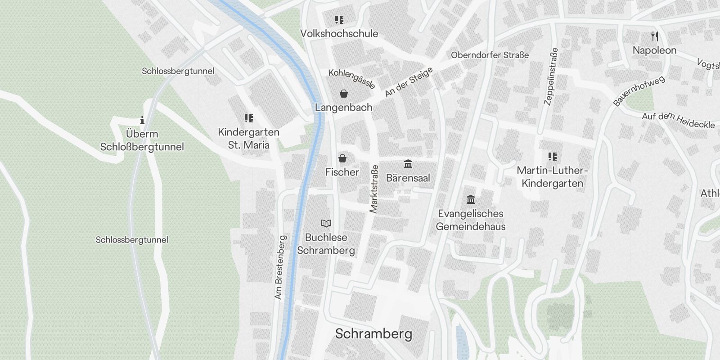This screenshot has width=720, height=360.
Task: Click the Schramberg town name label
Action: (x=373, y=334)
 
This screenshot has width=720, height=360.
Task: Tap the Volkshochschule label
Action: (x=339, y=33)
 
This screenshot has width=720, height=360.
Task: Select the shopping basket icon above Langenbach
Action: (x=344, y=94)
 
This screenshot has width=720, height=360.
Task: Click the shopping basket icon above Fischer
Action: (x=342, y=158)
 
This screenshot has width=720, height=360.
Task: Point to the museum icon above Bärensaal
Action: (x=408, y=164)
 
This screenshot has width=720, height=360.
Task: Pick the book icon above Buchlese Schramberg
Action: (x=326, y=223)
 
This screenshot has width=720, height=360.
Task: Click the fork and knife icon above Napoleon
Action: (x=655, y=36)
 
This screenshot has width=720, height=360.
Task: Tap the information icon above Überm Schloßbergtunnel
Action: (x=142, y=120)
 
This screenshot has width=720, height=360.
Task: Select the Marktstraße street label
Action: (x=374, y=189)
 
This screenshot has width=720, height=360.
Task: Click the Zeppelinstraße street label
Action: (x=551, y=76)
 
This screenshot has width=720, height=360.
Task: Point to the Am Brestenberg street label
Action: (x=279, y=267)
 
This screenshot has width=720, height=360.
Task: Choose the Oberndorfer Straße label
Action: (x=490, y=55)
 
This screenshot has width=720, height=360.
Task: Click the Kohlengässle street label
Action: (x=351, y=79)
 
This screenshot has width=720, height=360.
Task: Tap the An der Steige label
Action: (x=409, y=82)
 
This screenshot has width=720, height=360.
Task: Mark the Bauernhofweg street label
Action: (x=639, y=91)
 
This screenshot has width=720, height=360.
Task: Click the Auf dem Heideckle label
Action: (x=678, y=120)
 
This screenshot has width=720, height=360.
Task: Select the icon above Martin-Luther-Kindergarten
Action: (x=553, y=157)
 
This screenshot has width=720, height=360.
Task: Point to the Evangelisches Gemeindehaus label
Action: (x=471, y=220)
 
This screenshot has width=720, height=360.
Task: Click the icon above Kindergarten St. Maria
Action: (x=248, y=118)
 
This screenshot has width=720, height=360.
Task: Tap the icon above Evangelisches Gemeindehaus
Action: (x=471, y=199)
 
